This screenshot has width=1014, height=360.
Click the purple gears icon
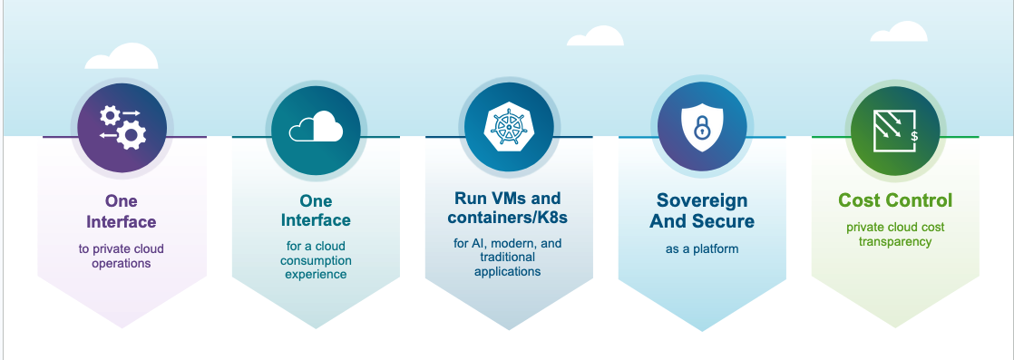pyautogui.click(x=122, y=126)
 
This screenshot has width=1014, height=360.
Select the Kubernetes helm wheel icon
pyautogui.click(x=509, y=127)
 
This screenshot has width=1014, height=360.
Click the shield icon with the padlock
pyautogui.click(x=701, y=129)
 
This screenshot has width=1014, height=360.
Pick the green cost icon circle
pyautogui.click(x=895, y=127)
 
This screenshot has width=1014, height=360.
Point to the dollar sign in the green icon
pyautogui.click(x=913, y=137)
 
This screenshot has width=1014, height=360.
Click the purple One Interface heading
pyautogui.click(x=122, y=211)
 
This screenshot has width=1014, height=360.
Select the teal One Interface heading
pyautogui.click(x=316, y=210)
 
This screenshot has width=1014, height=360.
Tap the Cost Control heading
pyautogui.click(x=894, y=199)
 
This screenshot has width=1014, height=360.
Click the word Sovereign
pyautogui.click(x=702, y=200)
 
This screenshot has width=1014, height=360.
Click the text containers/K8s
pyautogui.click(x=508, y=219)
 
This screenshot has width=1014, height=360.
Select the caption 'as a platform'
pyautogui.click(x=701, y=248)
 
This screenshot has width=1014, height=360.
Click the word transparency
pyautogui.click(x=895, y=241)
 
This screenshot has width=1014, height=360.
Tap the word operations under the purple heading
pyautogui.click(x=122, y=263)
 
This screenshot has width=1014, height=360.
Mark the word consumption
pyautogui.click(x=316, y=260)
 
